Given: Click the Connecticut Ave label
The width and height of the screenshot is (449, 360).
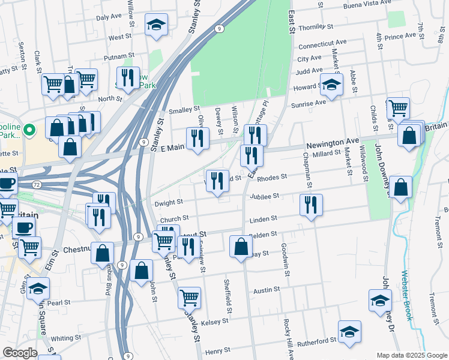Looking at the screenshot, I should click(322, 44).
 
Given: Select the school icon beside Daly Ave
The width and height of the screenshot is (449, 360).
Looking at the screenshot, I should click(157, 24).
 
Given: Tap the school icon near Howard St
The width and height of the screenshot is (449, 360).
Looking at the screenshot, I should click(330, 85).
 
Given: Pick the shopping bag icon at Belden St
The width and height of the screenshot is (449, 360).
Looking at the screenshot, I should click(241, 246).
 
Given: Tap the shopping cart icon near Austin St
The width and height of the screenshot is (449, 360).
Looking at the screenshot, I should click(190, 296).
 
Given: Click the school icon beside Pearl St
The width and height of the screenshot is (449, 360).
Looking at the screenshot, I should click(38, 289).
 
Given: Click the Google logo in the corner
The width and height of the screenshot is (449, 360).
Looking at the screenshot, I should click(20, 353).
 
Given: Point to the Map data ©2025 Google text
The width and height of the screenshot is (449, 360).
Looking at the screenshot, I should click(411, 355).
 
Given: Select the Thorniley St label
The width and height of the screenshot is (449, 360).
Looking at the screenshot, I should click(319, 27).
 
